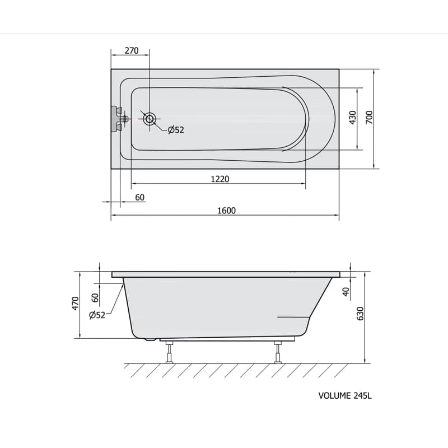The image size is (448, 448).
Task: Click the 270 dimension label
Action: pyautogui.click(x=132, y=50)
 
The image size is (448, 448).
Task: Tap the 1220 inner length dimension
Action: pyautogui.click(x=220, y=179)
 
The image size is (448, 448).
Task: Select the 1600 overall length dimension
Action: pyautogui.click(x=227, y=211)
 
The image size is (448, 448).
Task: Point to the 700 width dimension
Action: pyautogui.click(x=369, y=118)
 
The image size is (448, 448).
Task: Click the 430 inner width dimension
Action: pyautogui.click(x=353, y=118)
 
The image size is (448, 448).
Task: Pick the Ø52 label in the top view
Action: pyautogui.click(x=176, y=130)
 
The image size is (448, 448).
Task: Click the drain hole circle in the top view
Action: pyautogui.click(x=150, y=119)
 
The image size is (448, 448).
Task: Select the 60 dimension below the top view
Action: pyautogui.click(x=139, y=198)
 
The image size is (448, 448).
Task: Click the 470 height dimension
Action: pyautogui.click(x=75, y=304)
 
